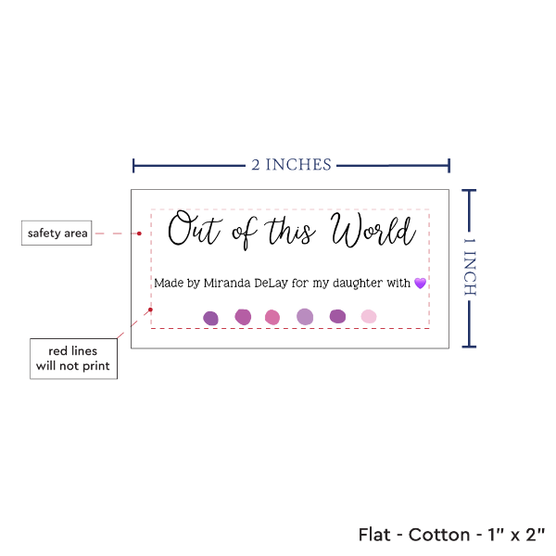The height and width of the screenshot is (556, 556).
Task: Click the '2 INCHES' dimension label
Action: (x=291, y=165)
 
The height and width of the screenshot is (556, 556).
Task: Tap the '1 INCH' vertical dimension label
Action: (x=469, y=267)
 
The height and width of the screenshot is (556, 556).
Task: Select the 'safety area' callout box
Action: (x=57, y=234)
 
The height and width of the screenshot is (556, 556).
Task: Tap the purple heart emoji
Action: (x=420, y=283)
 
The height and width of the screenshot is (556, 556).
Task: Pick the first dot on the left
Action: (x=211, y=318)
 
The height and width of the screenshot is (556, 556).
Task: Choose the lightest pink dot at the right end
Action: (x=369, y=317)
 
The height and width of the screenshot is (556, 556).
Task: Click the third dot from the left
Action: (x=272, y=317)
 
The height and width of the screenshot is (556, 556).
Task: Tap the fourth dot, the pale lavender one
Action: (x=305, y=317)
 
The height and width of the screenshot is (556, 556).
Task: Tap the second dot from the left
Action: (x=243, y=317)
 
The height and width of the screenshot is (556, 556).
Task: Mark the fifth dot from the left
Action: (x=337, y=316)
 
